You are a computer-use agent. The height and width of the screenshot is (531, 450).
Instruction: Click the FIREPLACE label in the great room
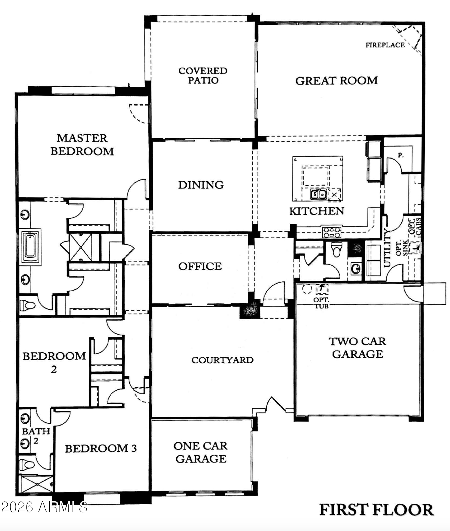(x=385, y=45)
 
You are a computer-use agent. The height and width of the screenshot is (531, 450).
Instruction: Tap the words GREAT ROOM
(x=336, y=81)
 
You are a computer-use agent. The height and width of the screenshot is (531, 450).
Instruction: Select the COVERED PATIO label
(x=203, y=75)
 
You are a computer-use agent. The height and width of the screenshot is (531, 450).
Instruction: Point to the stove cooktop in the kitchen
(x=332, y=232)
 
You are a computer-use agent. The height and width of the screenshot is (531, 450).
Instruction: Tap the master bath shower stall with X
(x=81, y=247)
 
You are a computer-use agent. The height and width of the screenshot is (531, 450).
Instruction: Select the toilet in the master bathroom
(x=27, y=306)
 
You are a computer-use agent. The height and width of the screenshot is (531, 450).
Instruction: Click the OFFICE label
(x=200, y=266)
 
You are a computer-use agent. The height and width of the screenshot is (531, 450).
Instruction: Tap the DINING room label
(x=201, y=185)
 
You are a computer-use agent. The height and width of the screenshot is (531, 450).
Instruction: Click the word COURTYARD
(x=222, y=360)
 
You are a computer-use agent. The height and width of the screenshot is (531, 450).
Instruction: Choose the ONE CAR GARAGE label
(x=201, y=452)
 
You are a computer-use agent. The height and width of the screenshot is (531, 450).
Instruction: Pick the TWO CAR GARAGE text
(x=357, y=348)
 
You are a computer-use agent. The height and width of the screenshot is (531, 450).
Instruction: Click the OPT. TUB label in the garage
(x=321, y=303)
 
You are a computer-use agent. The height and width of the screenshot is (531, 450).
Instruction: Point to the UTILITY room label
(x=387, y=248)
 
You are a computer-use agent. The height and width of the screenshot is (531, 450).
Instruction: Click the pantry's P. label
(x=401, y=155)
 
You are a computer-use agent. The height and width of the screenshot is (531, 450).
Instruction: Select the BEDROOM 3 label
(x=101, y=448)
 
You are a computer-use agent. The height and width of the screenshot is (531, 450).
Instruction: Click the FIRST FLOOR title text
(x=376, y=509)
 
